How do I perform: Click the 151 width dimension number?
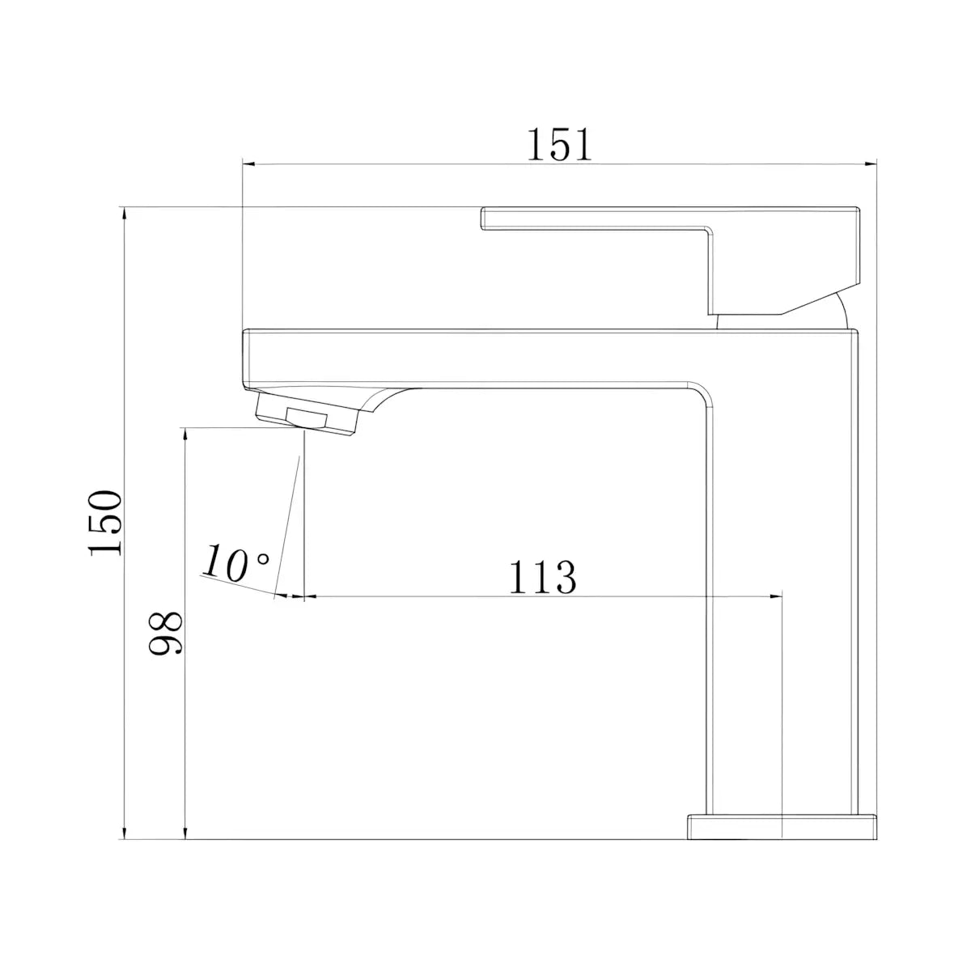[x=559, y=145]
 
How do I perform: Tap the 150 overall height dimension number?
[x=105, y=523]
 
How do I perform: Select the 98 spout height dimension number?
[x=165, y=633]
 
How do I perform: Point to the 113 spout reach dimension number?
[x=542, y=577]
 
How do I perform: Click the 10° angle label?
[x=235, y=563]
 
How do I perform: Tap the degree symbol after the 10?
[x=264, y=558]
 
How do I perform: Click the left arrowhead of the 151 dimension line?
[x=249, y=163]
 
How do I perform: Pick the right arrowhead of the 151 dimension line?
[x=870, y=163]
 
